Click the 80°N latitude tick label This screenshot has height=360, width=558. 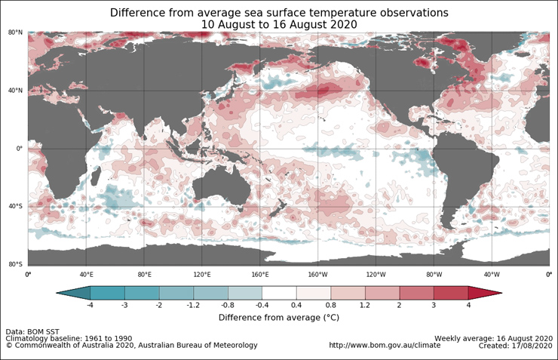coord(14,32)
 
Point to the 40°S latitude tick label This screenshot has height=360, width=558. coord(14,206)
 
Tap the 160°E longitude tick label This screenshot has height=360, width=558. coord(259,275)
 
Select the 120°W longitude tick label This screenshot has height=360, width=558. coord(376,275)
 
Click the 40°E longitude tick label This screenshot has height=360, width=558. coord(86,275)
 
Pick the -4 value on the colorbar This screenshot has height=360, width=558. coord(90,305)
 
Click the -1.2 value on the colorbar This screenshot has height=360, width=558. coord(193,305)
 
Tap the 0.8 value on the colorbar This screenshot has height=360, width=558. coord(330,305)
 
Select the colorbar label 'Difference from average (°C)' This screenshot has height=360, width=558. coord(278,318)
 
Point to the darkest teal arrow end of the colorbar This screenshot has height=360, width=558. coord(72,292)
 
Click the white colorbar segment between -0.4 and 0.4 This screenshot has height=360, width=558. coord(278,292)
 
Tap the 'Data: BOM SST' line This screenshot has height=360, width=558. coord(35,331)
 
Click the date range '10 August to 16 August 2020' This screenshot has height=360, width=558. coord(278,25)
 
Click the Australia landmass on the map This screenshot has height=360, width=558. coord(222,184)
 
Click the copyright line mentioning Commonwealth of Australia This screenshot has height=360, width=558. coord(132,345)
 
